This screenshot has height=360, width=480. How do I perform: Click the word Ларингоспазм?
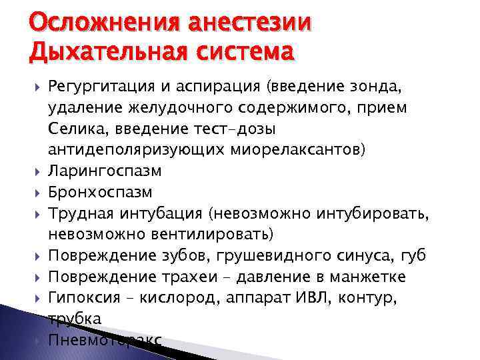coord(105,171)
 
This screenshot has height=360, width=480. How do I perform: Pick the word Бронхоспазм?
coord(100,192)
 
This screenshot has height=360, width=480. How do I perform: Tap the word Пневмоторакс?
coord(105,340)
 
